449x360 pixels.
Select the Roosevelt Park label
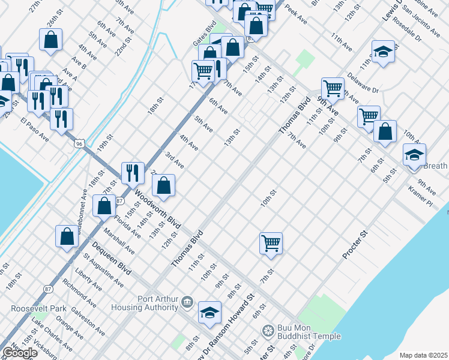(38, 308)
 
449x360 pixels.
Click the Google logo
(20, 353)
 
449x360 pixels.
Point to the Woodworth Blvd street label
(158, 211)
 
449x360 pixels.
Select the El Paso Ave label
(34, 130)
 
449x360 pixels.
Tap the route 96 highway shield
(79, 144)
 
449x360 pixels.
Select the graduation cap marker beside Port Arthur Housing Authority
(210, 312)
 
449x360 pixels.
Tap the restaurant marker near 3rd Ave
(133, 172)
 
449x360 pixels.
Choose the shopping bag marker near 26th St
(51, 40)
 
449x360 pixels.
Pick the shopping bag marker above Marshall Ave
(104, 206)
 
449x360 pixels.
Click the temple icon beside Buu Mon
(268, 329)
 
